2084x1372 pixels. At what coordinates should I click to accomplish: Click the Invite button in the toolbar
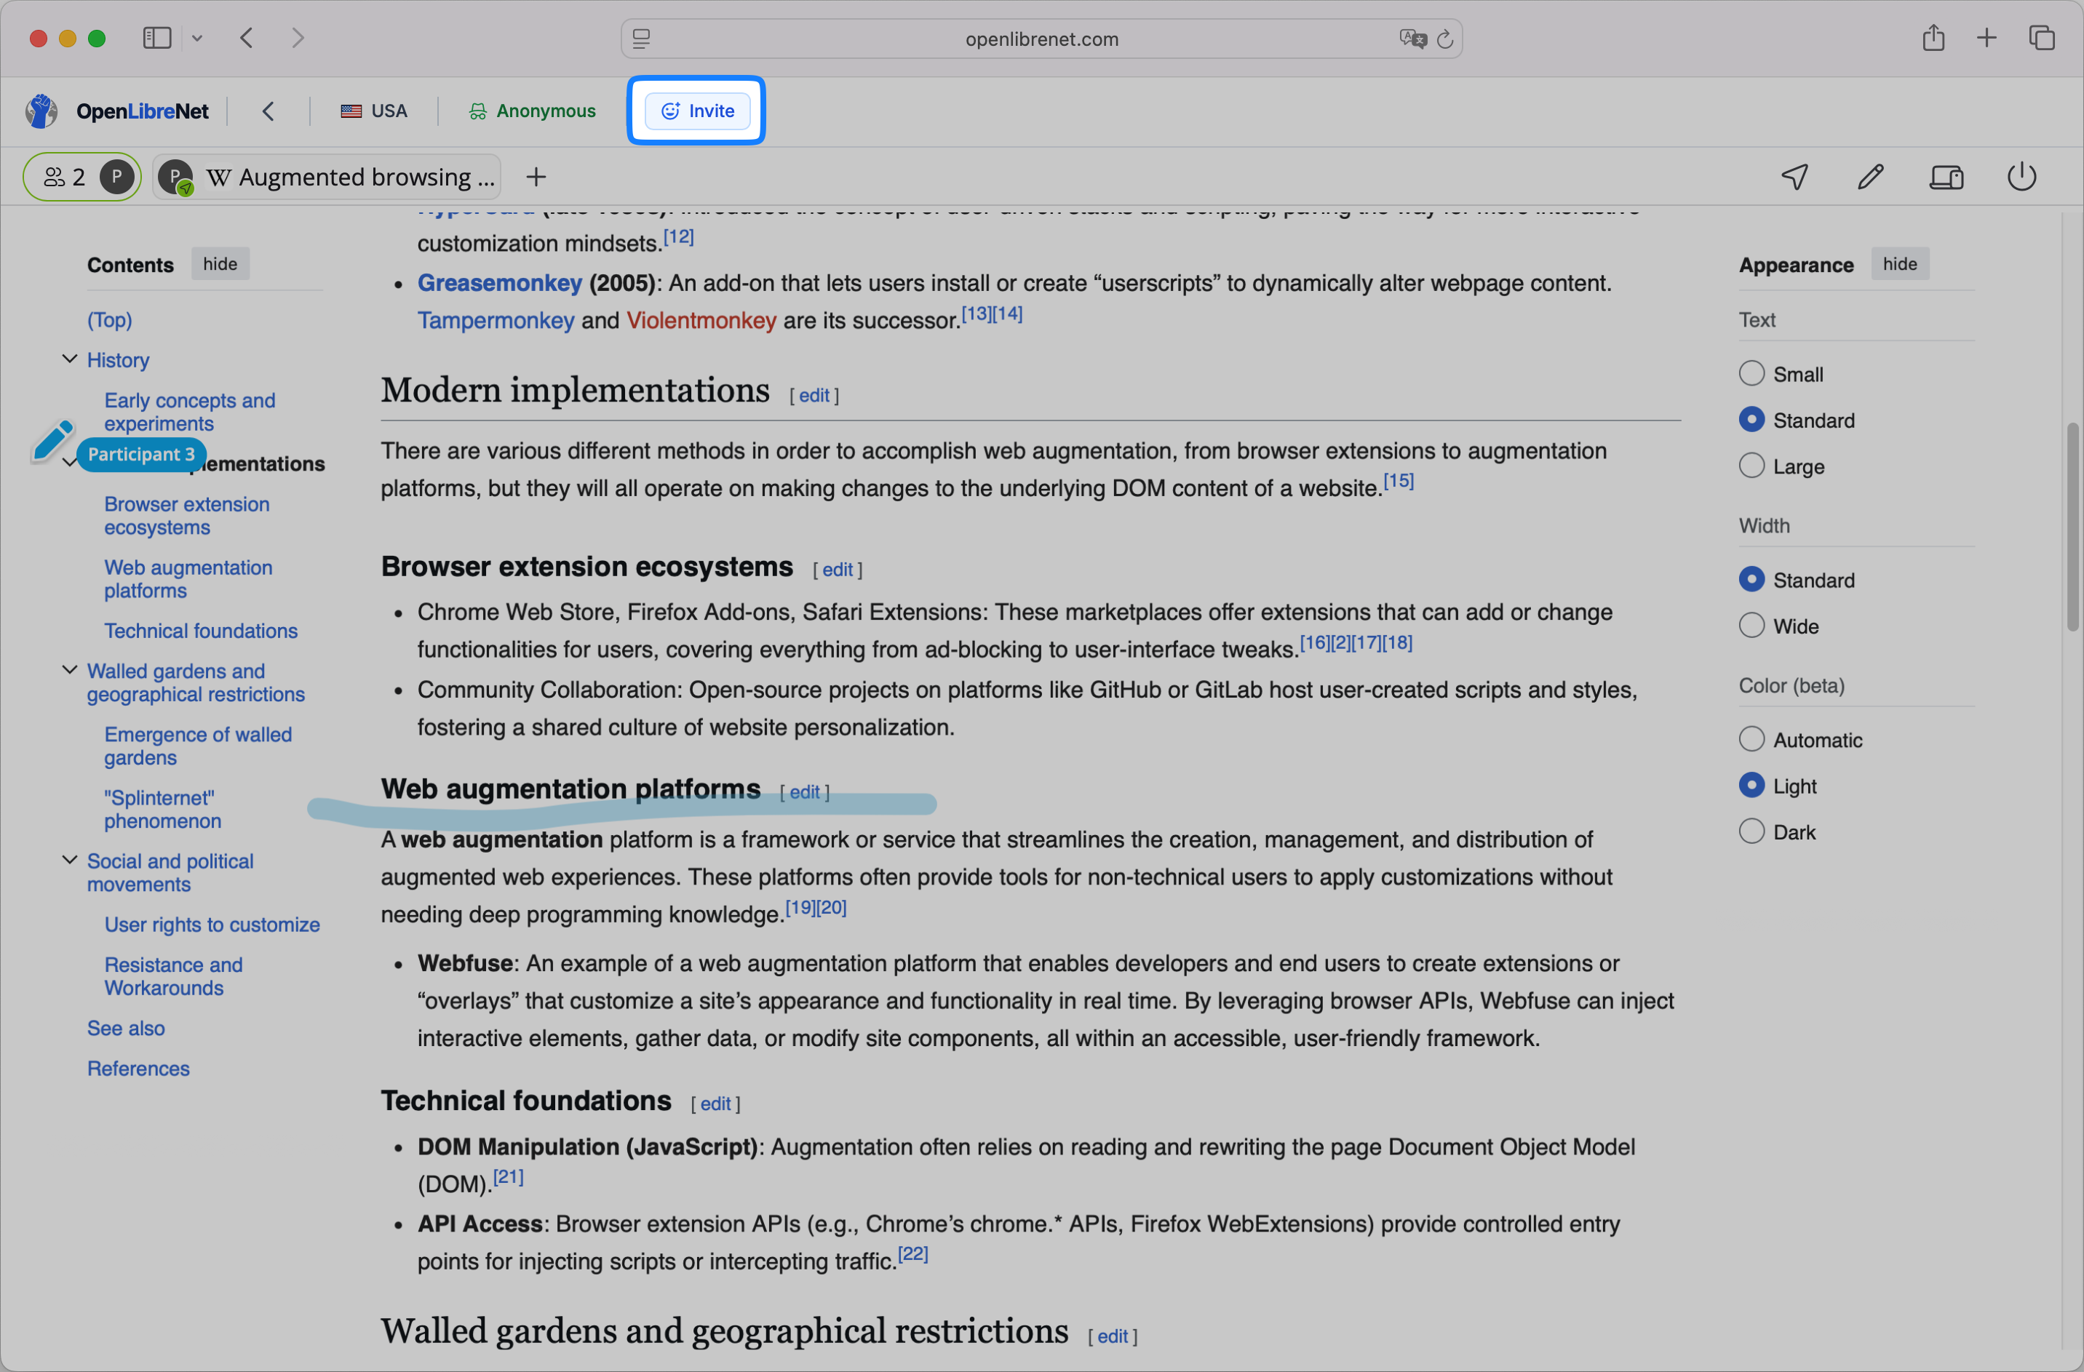[697, 111]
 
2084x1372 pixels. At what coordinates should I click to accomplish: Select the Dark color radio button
[1751, 831]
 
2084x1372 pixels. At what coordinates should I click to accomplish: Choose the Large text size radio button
[1751, 466]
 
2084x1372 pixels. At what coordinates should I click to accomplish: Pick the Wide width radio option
[1751, 625]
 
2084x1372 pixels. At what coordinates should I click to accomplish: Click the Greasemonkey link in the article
[499, 283]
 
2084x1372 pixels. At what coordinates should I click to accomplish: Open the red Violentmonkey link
[701, 321]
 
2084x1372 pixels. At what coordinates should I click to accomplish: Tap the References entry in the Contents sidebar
[138, 1068]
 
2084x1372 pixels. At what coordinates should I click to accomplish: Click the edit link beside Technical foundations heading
[715, 1104]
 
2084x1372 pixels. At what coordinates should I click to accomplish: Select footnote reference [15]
[1399, 481]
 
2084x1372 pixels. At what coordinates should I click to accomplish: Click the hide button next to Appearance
[1899, 263]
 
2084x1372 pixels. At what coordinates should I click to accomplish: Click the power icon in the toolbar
[2021, 177]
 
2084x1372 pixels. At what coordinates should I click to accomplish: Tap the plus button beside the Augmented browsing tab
[536, 177]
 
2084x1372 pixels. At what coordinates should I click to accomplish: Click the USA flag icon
[351, 111]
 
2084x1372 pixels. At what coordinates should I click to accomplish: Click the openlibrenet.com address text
[1041, 39]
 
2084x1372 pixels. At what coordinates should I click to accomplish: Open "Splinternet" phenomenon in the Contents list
[162, 809]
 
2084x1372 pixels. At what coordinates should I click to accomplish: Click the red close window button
[38, 39]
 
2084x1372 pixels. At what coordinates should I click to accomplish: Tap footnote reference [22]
[912, 1254]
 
